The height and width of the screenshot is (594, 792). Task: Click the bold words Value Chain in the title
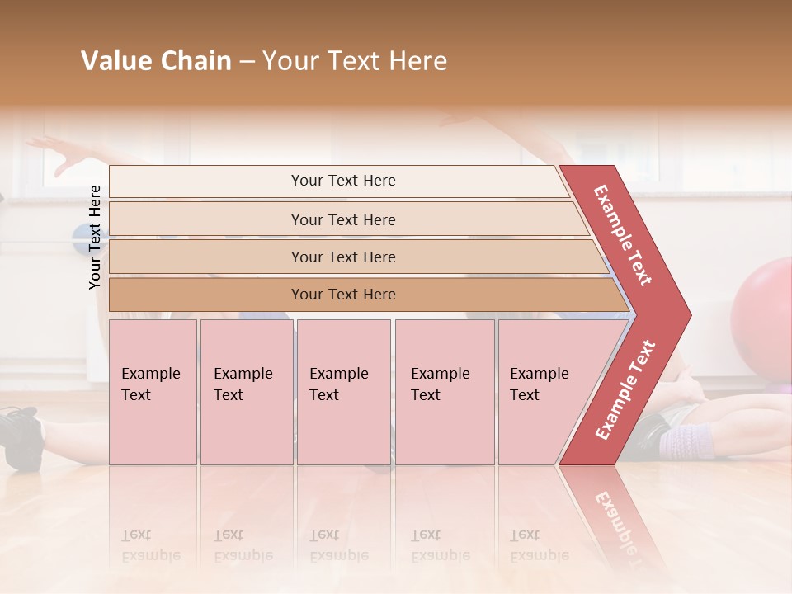[156, 61]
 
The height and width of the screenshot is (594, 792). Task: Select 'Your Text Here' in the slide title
[355, 61]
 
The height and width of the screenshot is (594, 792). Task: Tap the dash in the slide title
[247, 62]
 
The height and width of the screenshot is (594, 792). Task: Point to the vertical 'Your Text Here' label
[95, 237]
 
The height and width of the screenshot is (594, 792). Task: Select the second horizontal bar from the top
[342, 219]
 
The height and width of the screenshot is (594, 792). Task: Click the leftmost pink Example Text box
[153, 392]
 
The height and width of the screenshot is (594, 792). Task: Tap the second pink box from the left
[246, 392]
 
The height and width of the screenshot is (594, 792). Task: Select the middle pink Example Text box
[343, 392]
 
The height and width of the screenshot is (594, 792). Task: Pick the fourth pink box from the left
[444, 392]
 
